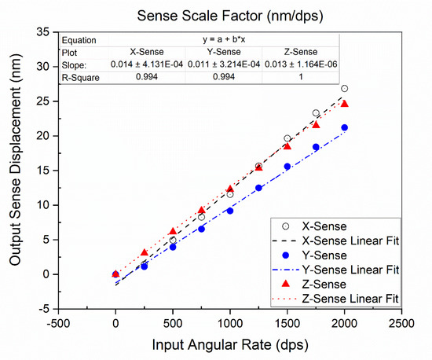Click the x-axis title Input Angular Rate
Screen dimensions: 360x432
[230, 347]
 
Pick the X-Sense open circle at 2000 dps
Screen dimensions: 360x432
[345, 89]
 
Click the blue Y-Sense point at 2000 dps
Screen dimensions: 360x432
[345, 127]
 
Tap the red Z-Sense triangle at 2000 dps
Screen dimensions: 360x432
[345, 104]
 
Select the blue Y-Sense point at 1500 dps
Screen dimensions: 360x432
[287, 166]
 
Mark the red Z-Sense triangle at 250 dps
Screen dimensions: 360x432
[144, 253]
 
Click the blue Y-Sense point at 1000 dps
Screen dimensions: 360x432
[230, 211]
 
